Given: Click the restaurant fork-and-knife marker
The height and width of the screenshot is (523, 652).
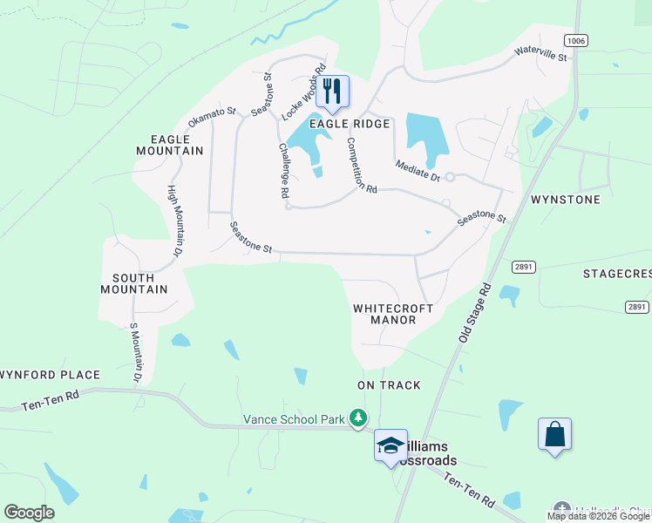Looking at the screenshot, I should coord(332,90).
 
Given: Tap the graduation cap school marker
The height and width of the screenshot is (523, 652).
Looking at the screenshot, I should coord(391,446).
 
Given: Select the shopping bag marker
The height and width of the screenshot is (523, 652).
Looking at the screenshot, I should coord(554,434).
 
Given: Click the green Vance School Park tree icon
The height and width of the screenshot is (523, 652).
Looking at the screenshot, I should coord(357,419).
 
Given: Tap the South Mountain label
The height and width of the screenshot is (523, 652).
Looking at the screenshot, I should coord(133,282).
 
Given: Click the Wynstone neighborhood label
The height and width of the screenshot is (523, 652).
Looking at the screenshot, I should coord(566,200).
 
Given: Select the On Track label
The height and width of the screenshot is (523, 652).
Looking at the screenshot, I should coord(389,384).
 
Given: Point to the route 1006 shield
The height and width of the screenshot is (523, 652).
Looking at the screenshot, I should coord(574,40).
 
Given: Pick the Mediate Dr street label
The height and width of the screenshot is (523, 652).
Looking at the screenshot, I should coord(418,171).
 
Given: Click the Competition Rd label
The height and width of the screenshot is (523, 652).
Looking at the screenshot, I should coord(361,166).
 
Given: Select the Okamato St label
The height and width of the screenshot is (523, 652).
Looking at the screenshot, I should coord(212,116).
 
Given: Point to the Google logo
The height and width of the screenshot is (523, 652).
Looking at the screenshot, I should coord(30,513).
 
